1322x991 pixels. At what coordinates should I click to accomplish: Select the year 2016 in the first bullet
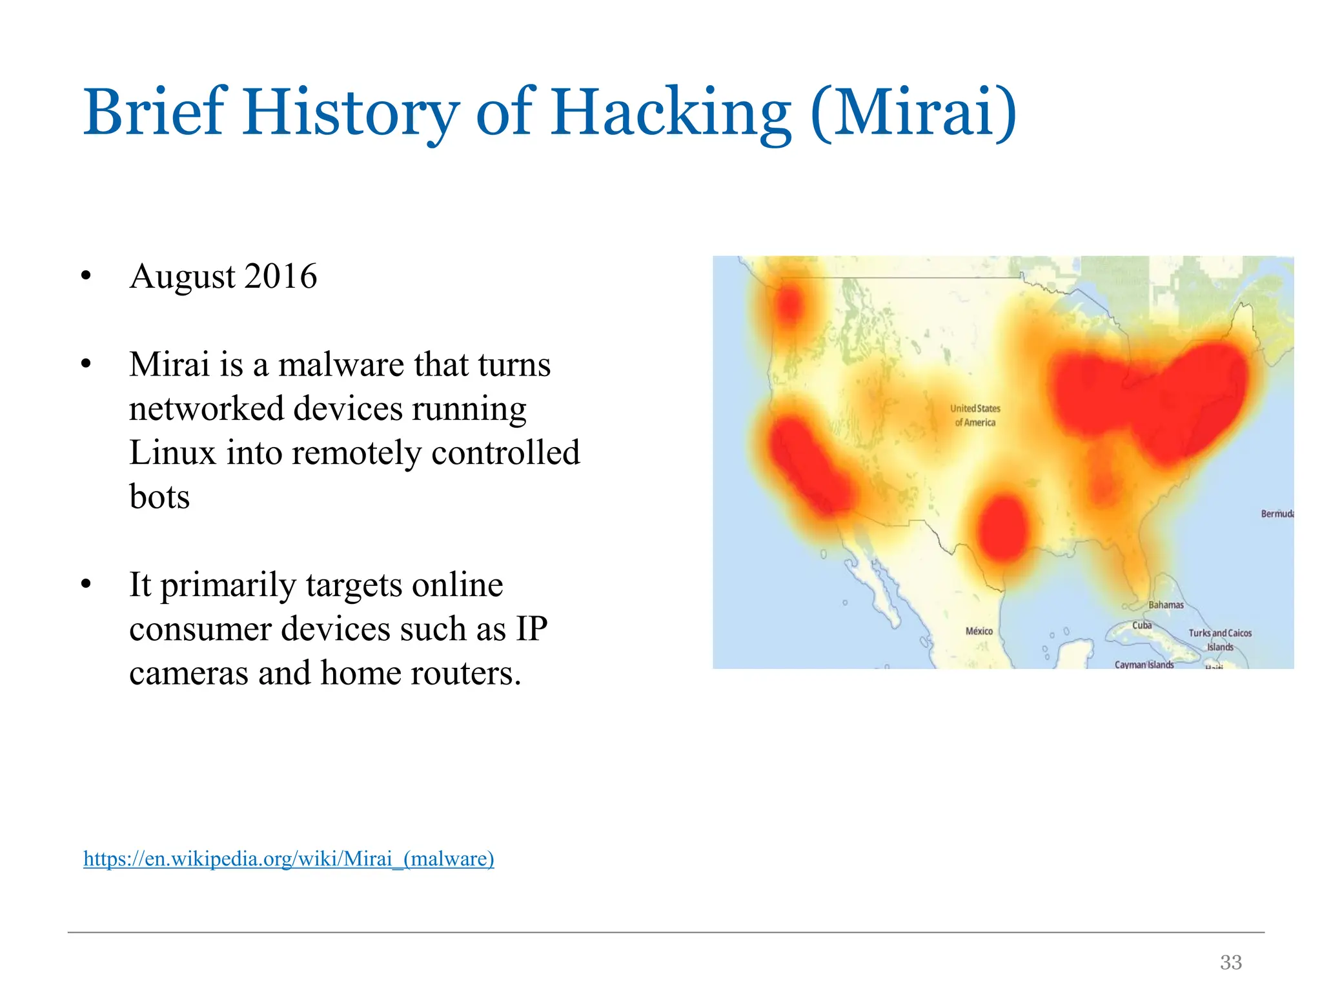(x=281, y=276)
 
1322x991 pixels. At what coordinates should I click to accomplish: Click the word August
(x=183, y=277)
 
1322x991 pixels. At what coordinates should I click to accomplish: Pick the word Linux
(x=172, y=452)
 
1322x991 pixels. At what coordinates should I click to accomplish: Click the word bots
(x=159, y=497)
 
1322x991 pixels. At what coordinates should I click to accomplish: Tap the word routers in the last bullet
(x=465, y=674)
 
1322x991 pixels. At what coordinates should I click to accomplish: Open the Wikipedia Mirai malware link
(x=289, y=859)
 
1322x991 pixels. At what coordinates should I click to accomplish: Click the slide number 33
(x=1231, y=962)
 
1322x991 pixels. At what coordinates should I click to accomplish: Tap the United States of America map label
(x=975, y=415)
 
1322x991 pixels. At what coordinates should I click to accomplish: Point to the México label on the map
(x=979, y=631)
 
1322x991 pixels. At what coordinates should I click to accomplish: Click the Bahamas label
(x=1166, y=605)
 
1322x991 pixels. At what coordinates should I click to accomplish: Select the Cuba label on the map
(x=1142, y=625)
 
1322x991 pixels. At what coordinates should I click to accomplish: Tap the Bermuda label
(x=1277, y=514)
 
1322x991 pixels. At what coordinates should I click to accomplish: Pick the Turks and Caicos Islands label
(x=1220, y=639)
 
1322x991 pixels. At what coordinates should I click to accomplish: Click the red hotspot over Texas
(x=1002, y=528)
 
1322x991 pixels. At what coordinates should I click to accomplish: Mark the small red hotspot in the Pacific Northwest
(x=789, y=305)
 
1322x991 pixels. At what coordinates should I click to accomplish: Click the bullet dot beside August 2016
(x=86, y=276)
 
